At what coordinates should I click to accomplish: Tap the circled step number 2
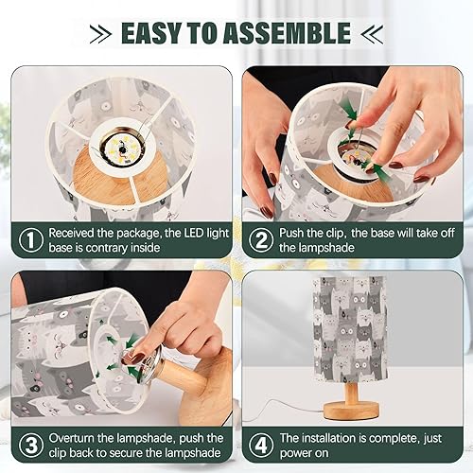(x=258, y=240)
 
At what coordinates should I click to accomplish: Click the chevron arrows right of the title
(x=373, y=34)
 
